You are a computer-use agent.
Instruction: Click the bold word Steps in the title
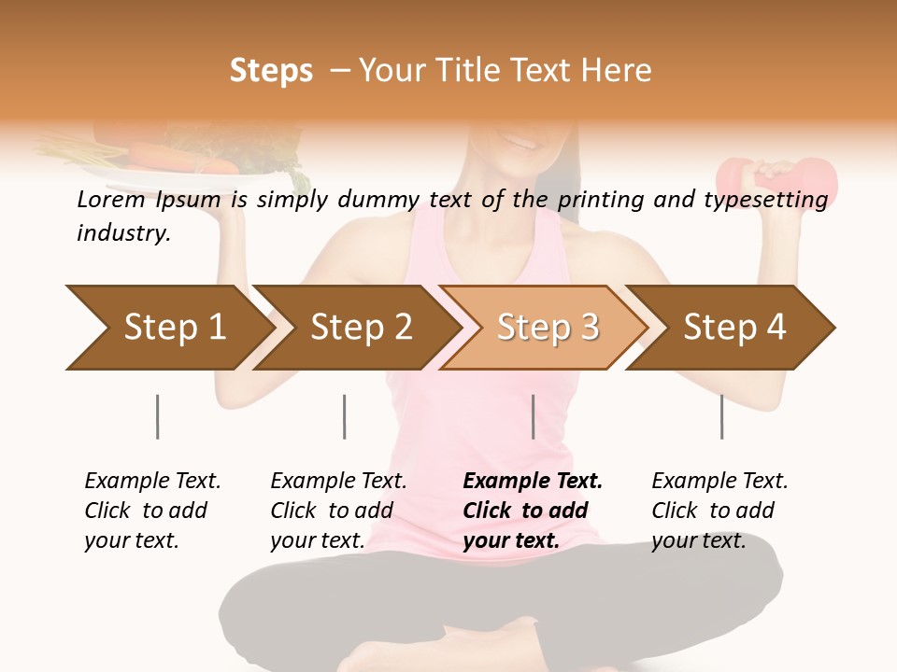point(271,71)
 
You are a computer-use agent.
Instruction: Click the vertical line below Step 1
point(157,416)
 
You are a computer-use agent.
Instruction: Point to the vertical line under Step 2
point(345,416)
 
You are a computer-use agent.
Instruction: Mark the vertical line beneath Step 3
point(533,416)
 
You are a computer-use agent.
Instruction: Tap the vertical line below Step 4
point(721,416)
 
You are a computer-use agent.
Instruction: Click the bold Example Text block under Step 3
point(533,511)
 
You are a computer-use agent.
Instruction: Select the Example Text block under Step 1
point(152,511)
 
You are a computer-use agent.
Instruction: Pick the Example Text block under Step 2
point(338,511)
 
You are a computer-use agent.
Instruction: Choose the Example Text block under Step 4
point(719,511)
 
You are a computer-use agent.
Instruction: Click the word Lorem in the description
point(110,199)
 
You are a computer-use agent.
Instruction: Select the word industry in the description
point(122,232)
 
